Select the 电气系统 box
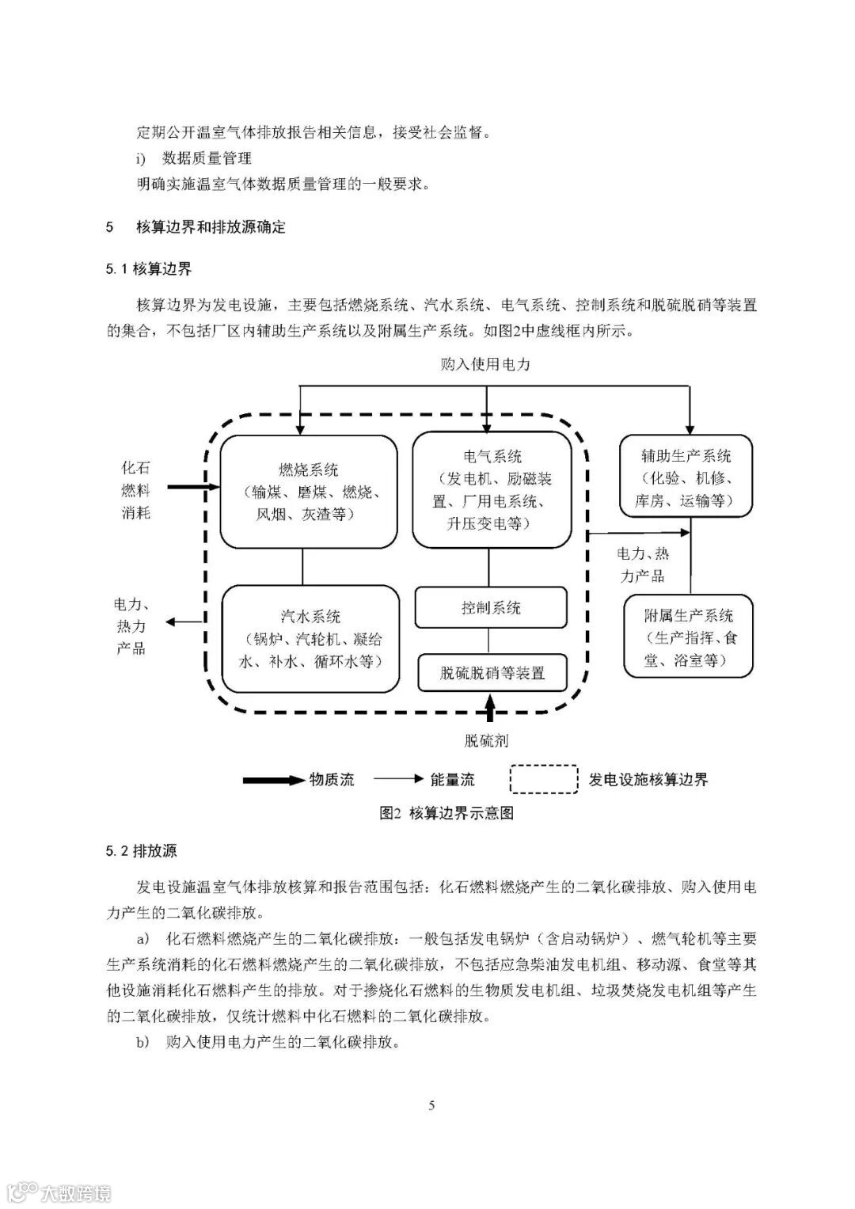[x=492, y=489]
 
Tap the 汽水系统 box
[x=310, y=638]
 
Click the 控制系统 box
[x=492, y=608]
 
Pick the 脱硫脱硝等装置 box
[x=492, y=673]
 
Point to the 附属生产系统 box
[x=688, y=637]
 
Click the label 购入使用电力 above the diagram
[x=485, y=365]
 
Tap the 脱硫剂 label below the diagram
[x=486, y=741]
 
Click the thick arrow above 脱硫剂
[x=490, y=707]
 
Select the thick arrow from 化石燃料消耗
[x=190, y=488]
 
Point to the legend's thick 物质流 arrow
[x=274, y=781]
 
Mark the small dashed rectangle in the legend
[x=544, y=779]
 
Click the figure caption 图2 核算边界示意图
[x=446, y=813]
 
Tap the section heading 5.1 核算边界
[x=149, y=269]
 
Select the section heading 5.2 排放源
[x=142, y=851]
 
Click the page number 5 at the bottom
[x=431, y=1105]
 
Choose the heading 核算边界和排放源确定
[x=211, y=227]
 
